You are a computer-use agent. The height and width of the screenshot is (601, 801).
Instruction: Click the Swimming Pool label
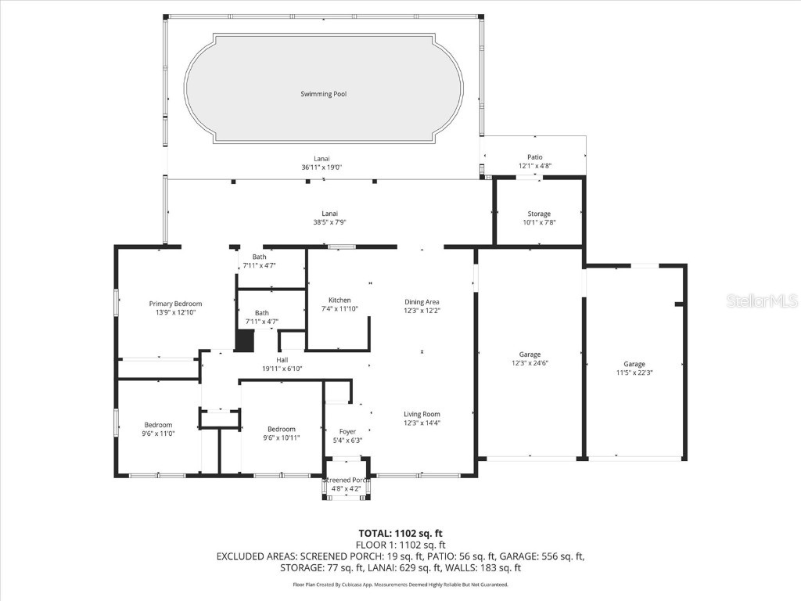pos(324,94)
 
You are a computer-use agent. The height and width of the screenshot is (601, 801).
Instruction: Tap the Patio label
pos(535,157)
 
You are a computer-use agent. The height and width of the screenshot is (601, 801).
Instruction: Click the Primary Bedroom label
pos(175,304)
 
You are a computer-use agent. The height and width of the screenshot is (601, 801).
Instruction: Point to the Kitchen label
pos(339,300)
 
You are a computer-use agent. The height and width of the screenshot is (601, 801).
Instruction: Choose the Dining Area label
pos(422,302)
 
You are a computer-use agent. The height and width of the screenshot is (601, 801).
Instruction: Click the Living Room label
pos(422,414)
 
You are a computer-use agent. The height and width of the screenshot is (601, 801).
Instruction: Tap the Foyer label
pos(347,431)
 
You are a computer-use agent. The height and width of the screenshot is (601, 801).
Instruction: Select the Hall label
pos(282,360)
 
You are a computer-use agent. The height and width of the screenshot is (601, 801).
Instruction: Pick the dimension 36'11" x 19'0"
pos(322,167)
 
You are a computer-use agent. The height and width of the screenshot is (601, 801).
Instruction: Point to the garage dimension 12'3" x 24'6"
pos(530,363)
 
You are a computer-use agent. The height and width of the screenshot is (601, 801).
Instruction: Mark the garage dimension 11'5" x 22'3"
pos(634,372)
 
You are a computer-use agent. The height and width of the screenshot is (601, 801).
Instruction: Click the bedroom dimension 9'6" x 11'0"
pos(157,433)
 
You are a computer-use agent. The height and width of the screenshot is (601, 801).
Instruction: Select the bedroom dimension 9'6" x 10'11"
pos(282,437)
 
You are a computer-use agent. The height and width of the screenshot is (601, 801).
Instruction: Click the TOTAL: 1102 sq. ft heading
pos(400,534)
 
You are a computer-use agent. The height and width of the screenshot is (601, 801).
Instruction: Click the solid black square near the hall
pos(245,340)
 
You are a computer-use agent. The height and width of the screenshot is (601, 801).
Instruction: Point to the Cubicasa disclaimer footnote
pos(400,585)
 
